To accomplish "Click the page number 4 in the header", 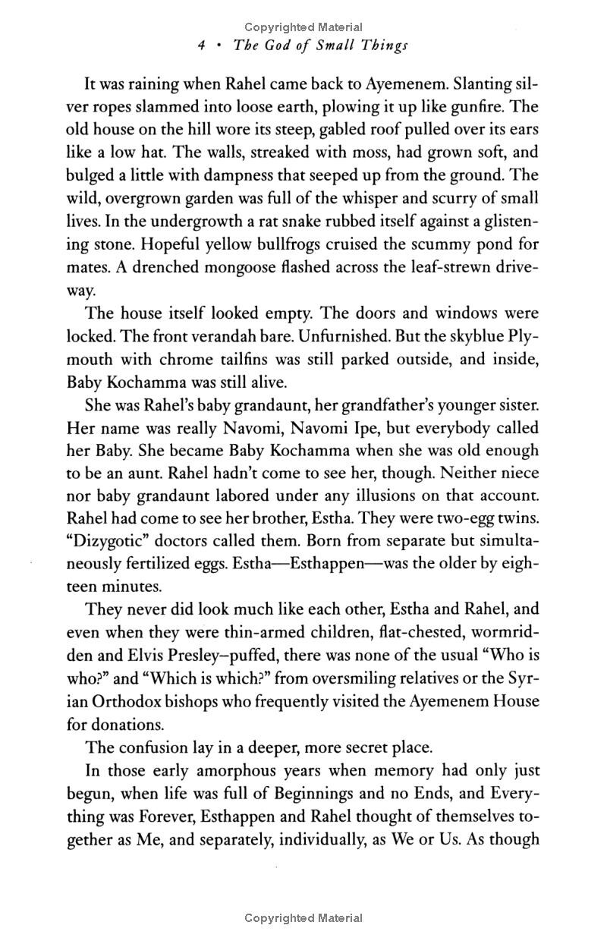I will pyautogui.click(x=201, y=45).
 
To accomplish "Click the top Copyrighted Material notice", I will pyautogui.click(x=303, y=28).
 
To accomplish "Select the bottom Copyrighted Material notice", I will pyautogui.click(x=303, y=918).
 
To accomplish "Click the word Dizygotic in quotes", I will pyautogui.click(x=113, y=518).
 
